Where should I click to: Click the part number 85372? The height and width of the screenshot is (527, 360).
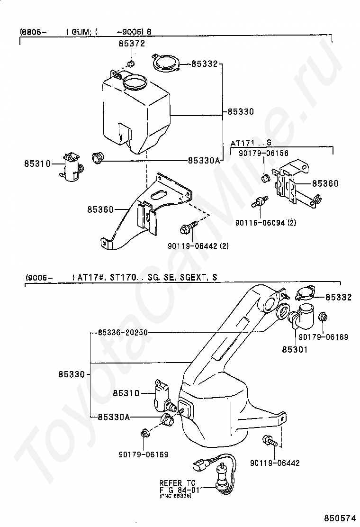coord(131,44)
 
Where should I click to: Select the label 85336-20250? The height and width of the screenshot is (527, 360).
coord(124,333)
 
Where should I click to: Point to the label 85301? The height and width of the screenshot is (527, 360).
coord(295,350)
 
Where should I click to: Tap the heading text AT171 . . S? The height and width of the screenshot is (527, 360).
coord(251,143)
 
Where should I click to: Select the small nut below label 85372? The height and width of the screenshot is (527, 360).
coord(131,64)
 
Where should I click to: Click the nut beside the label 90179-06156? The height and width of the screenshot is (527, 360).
coord(265,178)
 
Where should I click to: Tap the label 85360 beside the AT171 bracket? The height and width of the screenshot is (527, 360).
coord(325,183)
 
